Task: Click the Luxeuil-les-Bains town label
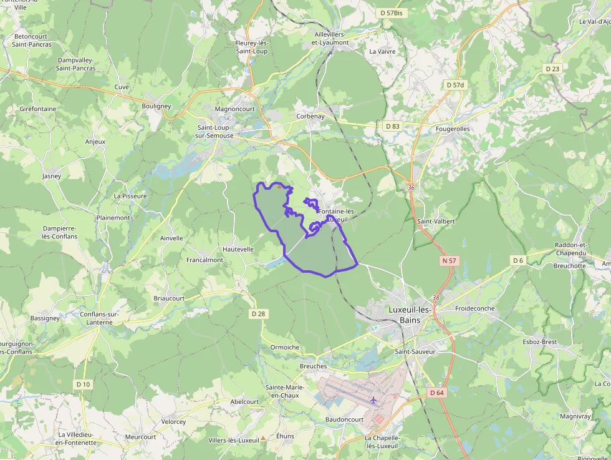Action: (x=409, y=315)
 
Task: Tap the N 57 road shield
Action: (x=449, y=260)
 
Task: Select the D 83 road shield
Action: (x=392, y=126)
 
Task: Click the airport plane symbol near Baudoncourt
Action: (x=373, y=399)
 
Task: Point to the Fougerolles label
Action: (x=453, y=129)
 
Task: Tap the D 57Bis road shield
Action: (x=391, y=12)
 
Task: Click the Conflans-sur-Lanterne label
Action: (x=96, y=318)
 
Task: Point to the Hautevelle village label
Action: (x=238, y=249)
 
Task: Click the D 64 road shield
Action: (x=436, y=393)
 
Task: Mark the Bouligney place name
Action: (x=156, y=106)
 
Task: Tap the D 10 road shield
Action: (x=83, y=384)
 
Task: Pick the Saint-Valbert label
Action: (x=436, y=221)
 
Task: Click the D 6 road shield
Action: (x=517, y=260)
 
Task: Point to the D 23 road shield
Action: (x=552, y=69)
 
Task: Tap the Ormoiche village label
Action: (x=285, y=347)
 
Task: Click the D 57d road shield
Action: (x=456, y=84)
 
